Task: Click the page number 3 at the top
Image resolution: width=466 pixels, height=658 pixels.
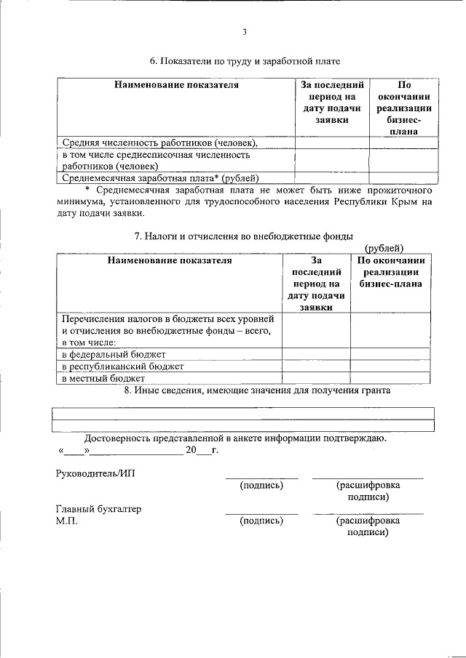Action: pyautogui.click(x=245, y=32)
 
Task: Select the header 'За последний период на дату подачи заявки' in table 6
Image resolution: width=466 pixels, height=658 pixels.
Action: pyautogui.click(x=331, y=102)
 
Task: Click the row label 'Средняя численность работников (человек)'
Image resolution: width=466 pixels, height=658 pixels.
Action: pyautogui.click(x=160, y=143)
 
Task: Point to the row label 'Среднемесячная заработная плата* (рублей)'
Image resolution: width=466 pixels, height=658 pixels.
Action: pyautogui.click(x=161, y=177)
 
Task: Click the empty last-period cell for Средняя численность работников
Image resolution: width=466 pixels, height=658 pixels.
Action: pyautogui.click(x=331, y=143)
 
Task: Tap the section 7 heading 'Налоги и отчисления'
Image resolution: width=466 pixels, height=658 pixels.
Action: pyautogui.click(x=245, y=236)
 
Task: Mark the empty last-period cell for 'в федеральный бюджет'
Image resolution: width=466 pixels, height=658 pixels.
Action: pyautogui.click(x=317, y=354)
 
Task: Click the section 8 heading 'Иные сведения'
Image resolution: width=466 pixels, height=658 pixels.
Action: pyautogui.click(x=258, y=390)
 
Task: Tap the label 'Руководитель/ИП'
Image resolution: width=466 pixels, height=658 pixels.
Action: pyautogui.click(x=95, y=473)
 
